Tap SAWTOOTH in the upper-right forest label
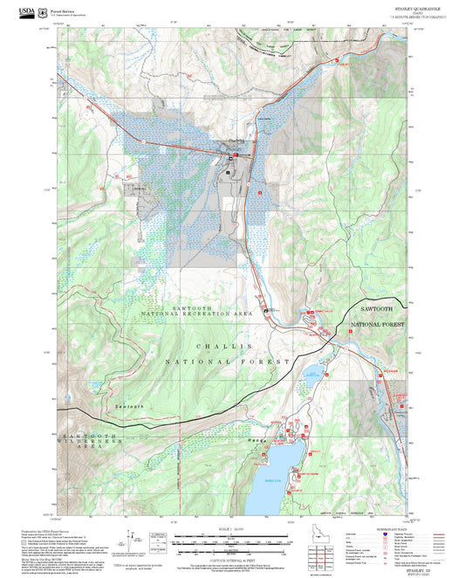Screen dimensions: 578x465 click(x=378, y=309)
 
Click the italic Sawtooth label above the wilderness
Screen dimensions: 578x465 click(x=128, y=408)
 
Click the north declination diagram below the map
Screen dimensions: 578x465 click(x=157, y=541)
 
